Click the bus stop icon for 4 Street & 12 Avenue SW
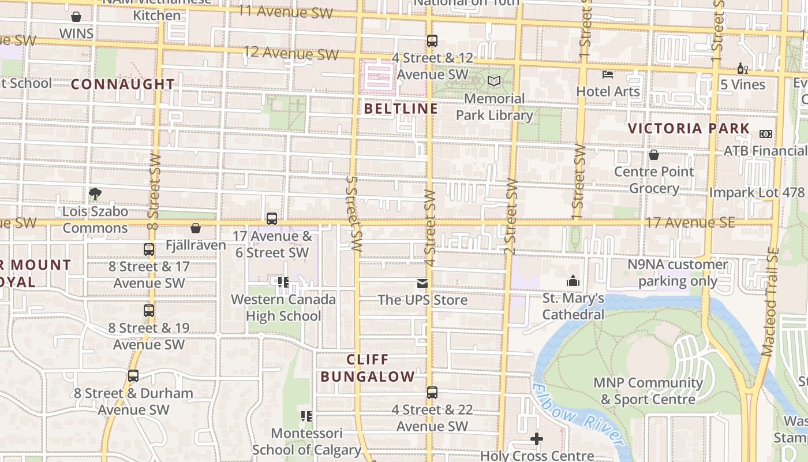[432, 41]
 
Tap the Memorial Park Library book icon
[494, 81]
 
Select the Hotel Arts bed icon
[608, 74]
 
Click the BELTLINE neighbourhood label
[401, 109]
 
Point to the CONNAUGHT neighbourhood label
[123, 84]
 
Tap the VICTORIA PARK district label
[689, 128]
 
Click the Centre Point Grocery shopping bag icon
[654, 155]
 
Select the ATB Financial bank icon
[766, 134]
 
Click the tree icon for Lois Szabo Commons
[95, 193]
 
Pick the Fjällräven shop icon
[196, 228]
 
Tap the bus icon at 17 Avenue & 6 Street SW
[272, 219]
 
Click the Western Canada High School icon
[283, 282]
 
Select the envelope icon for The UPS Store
[422, 284]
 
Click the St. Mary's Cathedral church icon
[573, 281]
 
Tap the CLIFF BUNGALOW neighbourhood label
[368, 368]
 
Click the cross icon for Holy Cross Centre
[537, 439]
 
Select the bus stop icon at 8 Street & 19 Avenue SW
[149, 311]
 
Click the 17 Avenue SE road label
[690, 222]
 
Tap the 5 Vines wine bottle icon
[742, 68]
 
